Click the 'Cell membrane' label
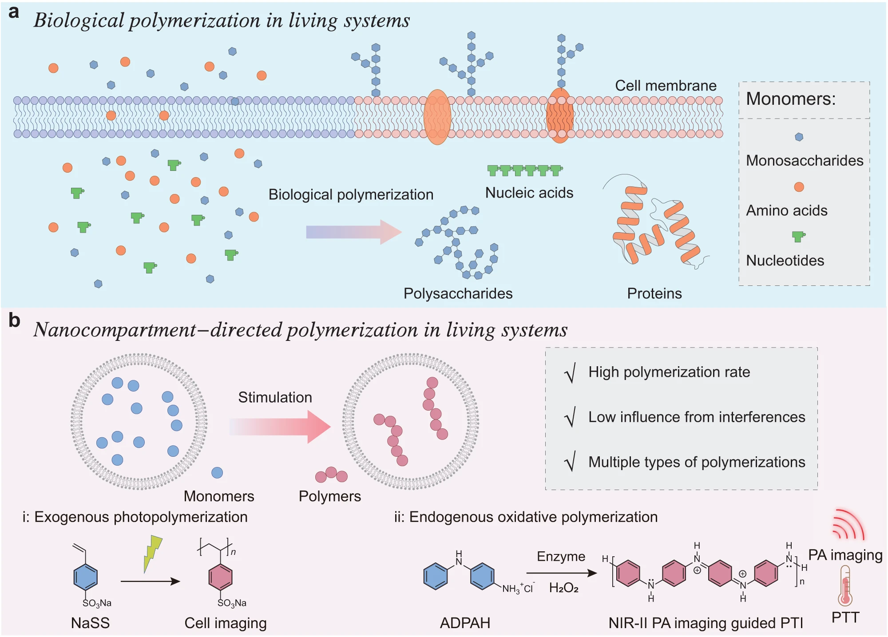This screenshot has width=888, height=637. tap(665, 86)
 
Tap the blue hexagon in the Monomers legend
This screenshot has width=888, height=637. tap(799, 137)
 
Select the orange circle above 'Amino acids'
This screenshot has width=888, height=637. tap(799, 187)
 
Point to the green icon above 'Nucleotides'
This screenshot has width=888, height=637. tap(798, 236)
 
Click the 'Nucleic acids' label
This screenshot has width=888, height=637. tap(529, 193)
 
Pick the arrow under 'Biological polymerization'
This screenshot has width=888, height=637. tap(353, 232)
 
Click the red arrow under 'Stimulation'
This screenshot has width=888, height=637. tap(280, 427)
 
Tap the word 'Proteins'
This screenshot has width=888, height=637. tap(654, 293)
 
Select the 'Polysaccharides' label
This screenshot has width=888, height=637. tap(458, 293)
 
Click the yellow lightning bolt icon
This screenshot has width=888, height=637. tap(152, 553)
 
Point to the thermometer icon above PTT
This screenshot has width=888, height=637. tap(845, 586)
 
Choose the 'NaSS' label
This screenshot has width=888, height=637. tap(90, 623)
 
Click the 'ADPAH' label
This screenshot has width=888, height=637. tap(465, 623)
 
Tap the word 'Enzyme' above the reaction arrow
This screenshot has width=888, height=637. tap(561, 557)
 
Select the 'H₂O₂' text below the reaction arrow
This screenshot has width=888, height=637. tap(563, 588)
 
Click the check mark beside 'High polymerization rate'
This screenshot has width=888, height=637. tap(571, 373)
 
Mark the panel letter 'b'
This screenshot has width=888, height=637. tap(14, 320)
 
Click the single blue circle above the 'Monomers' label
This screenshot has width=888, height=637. tap(217, 473)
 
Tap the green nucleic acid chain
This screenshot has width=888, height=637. tap(525, 170)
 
